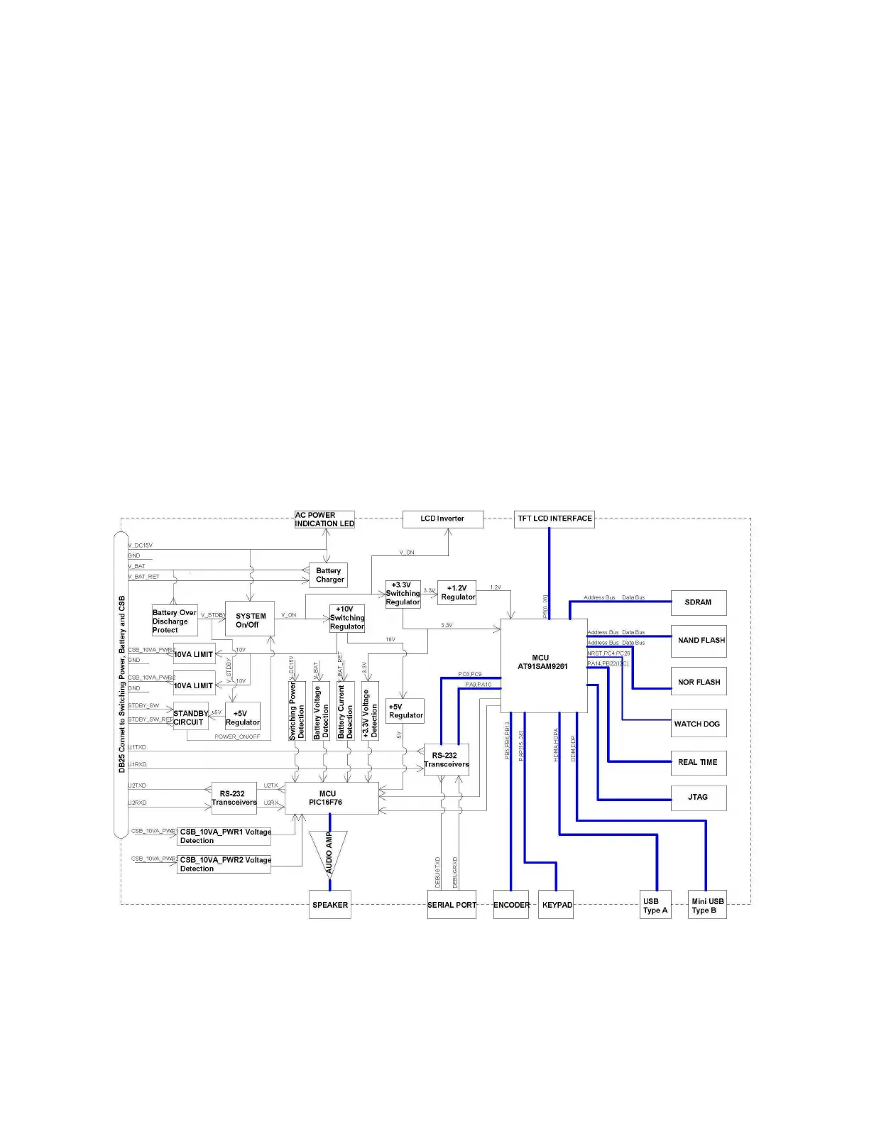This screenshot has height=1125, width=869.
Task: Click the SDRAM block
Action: (x=699, y=602)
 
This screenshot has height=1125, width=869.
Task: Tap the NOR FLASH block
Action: (x=699, y=682)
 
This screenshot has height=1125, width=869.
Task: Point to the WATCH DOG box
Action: (x=699, y=724)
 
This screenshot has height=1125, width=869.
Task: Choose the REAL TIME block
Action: (x=699, y=762)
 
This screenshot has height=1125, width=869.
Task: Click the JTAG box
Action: (x=699, y=797)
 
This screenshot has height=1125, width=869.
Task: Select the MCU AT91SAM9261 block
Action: (x=543, y=665)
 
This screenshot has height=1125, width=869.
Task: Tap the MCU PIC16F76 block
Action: (x=331, y=798)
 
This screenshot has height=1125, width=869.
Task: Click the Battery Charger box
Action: (x=328, y=575)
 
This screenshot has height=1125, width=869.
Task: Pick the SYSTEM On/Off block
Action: (x=249, y=620)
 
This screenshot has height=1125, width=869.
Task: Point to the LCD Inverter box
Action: (x=442, y=519)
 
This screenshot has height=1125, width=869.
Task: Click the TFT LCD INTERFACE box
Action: (x=554, y=519)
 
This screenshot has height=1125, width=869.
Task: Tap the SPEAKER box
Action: (x=330, y=905)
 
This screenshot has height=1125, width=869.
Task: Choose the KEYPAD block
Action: (x=556, y=905)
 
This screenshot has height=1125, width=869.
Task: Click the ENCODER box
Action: (x=511, y=905)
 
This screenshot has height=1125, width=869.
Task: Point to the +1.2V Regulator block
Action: (x=457, y=593)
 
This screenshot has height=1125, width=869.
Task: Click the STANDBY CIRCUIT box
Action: (x=190, y=717)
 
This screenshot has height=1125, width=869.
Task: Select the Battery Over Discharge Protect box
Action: (x=175, y=621)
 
